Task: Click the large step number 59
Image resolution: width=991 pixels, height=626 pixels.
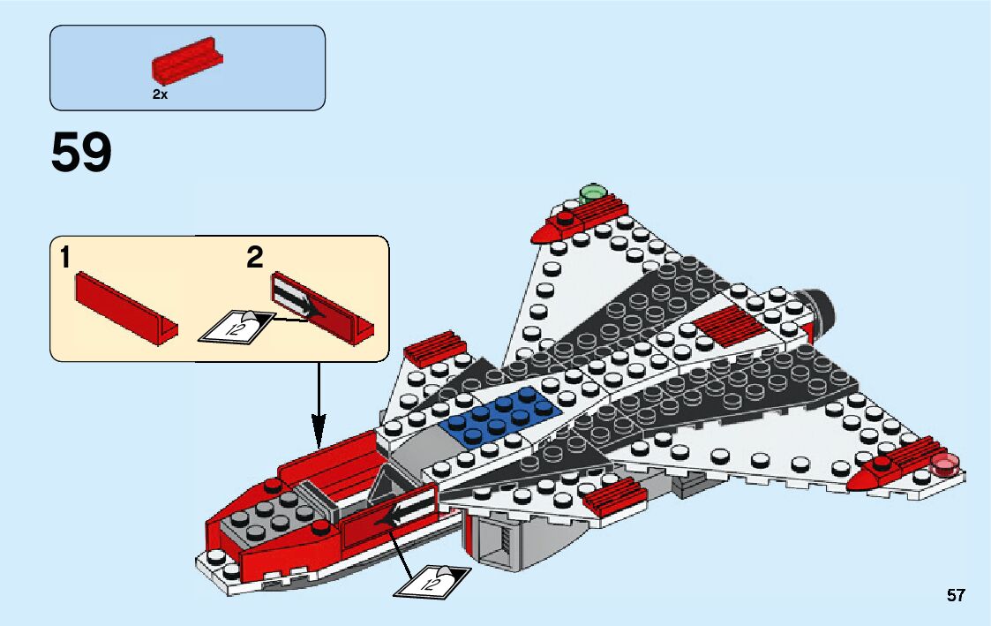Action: (82, 154)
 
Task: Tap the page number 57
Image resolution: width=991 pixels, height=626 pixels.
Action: (956, 596)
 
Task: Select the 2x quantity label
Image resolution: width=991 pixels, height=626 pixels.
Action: (160, 94)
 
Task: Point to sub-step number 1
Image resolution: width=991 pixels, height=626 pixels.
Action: (65, 258)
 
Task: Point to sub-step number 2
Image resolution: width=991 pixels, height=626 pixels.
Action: (255, 258)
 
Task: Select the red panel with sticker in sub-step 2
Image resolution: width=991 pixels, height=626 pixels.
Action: (322, 306)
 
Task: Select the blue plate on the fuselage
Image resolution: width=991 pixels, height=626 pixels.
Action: (501, 413)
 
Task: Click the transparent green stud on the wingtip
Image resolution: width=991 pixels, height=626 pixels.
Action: (591, 192)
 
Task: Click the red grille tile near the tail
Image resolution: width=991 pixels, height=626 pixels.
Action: (732, 325)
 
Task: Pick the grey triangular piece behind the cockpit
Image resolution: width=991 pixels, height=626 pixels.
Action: (387, 485)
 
